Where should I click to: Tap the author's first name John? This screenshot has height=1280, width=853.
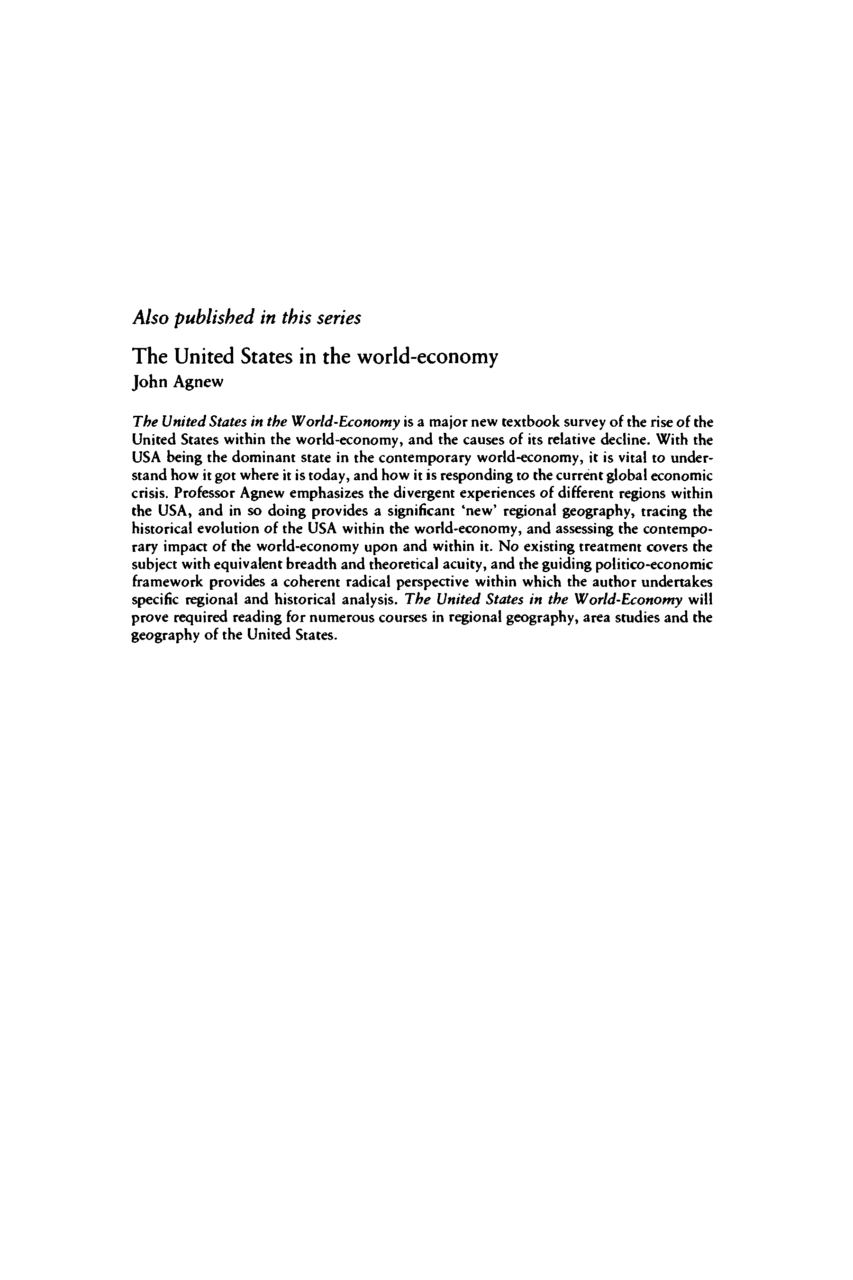150,382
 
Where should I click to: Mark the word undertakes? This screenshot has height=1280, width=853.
677,582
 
